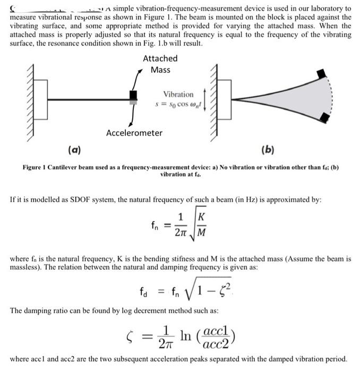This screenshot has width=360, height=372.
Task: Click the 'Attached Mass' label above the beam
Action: (160, 64)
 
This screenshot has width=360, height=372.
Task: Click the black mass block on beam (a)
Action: (133, 95)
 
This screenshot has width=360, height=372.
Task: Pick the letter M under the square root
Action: (202, 232)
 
